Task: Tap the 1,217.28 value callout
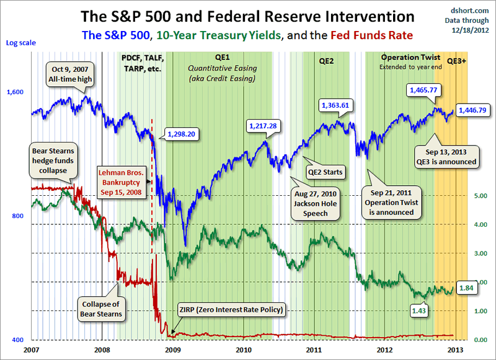pos(263,126)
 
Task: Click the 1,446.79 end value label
pos(473,111)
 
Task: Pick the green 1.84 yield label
pos(466,287)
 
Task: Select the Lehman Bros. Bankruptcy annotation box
pos(123,182)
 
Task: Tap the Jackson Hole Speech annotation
pos(316,204)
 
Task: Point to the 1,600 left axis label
pos(15,92)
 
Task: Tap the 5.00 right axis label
pos(479,196)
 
